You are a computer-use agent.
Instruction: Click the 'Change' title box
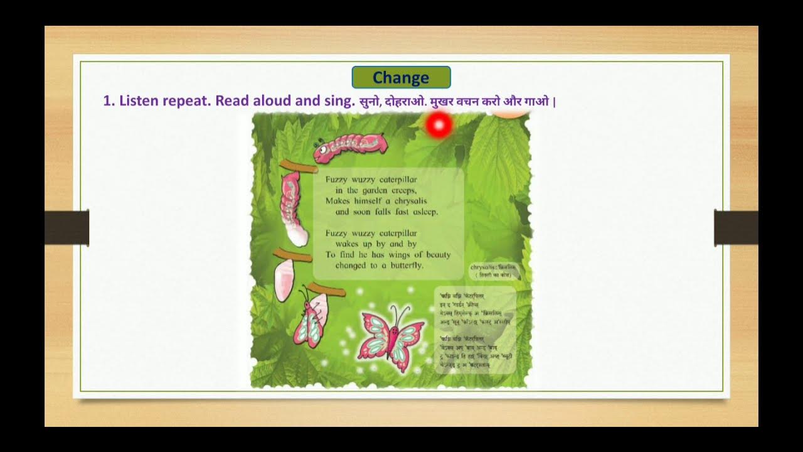(401, 77)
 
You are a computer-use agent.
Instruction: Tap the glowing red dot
(439, 126)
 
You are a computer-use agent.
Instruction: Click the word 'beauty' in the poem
(437, 255)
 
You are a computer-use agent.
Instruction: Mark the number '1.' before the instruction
(109, 101)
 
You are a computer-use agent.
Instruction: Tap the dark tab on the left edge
(67, 227)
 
